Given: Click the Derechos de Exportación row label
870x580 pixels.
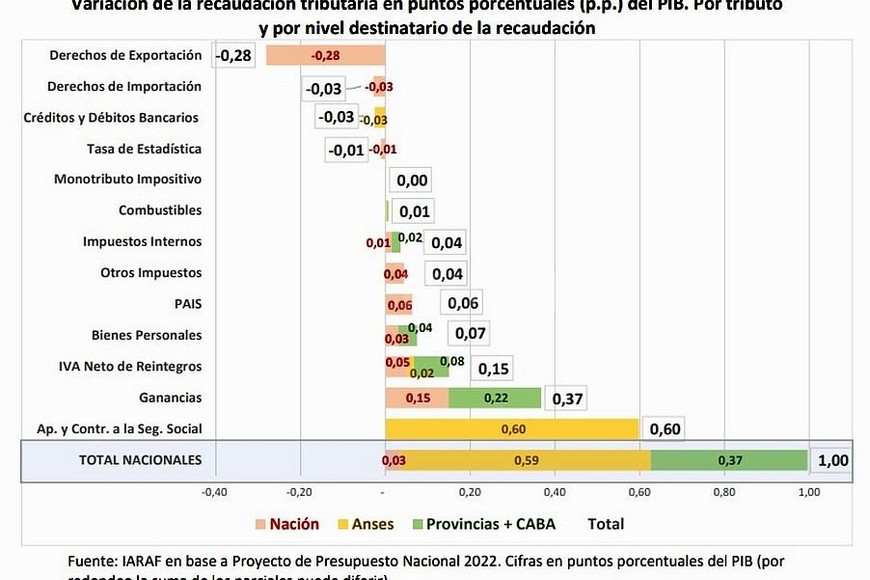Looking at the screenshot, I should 125,56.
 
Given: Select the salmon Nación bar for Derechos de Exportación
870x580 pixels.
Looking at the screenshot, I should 325,56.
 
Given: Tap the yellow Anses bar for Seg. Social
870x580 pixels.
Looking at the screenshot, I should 512,429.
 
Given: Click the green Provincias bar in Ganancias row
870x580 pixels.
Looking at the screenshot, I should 494,398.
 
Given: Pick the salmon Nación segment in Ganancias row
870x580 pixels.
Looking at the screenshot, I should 417,398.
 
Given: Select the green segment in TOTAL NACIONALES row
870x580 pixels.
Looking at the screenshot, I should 729,460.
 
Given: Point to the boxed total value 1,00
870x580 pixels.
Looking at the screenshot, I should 832,461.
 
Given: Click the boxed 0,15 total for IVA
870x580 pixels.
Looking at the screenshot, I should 494,368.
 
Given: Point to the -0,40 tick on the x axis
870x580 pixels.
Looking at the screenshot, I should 214,492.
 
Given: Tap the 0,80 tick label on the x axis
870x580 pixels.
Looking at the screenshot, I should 724,492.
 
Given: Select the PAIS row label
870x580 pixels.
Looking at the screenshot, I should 188,304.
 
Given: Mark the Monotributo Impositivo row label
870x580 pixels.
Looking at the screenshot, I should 128,180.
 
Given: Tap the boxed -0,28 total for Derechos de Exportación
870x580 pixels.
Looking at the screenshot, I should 234,56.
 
